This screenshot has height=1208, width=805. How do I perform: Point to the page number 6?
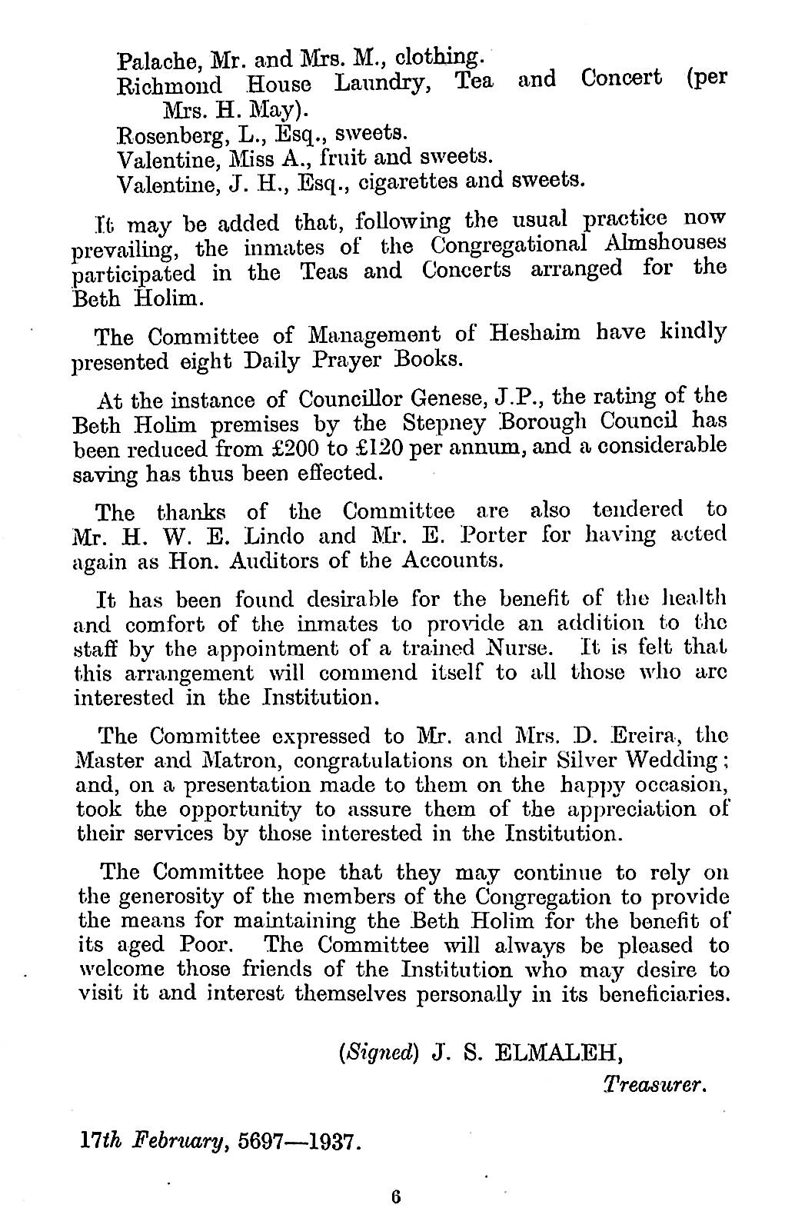(x=397, y=1196)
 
